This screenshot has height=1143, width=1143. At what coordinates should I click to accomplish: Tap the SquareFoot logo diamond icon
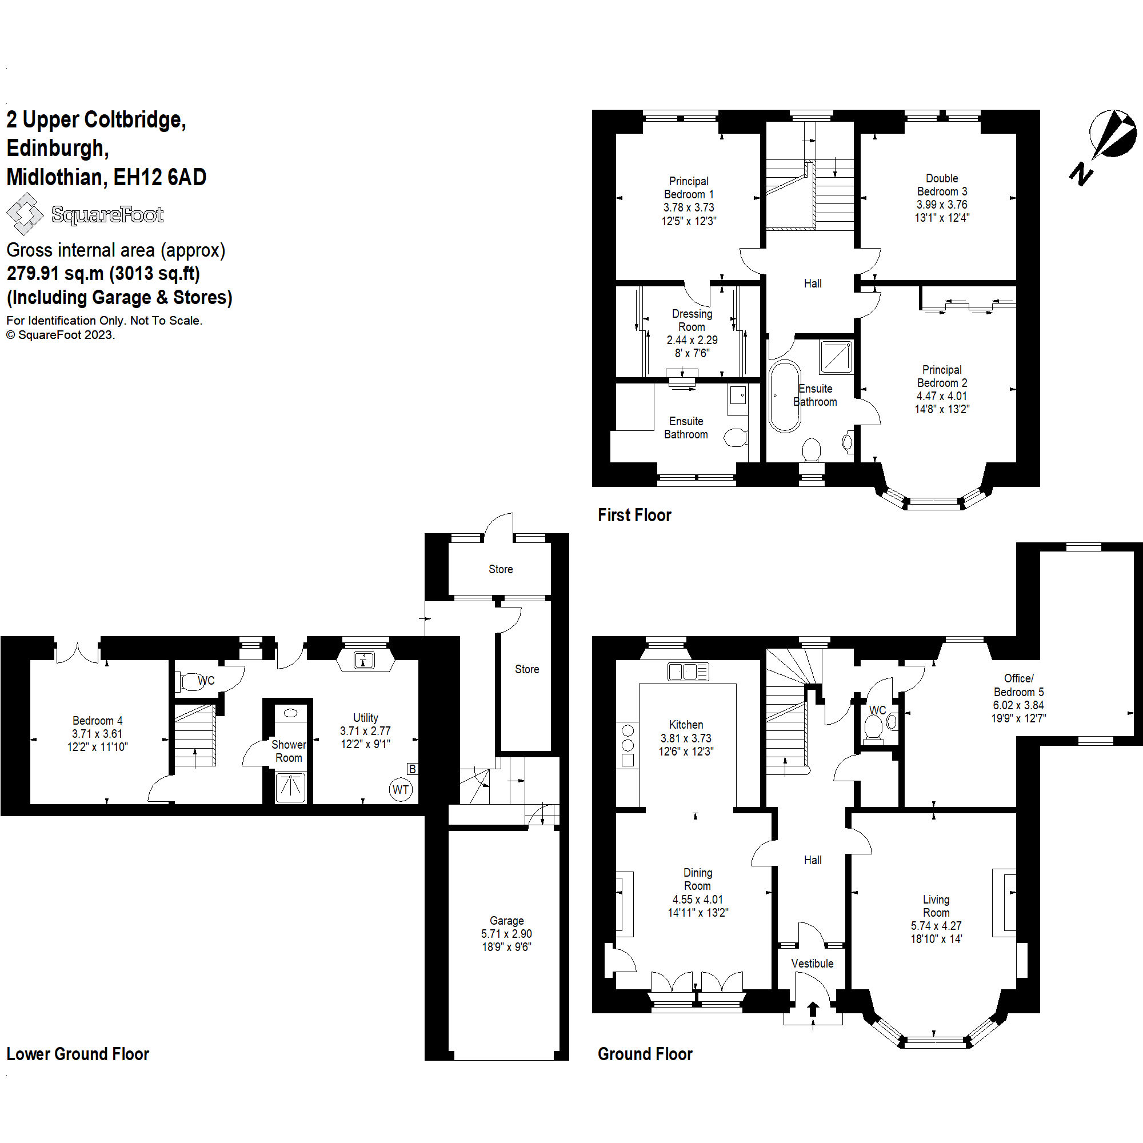click(x=24, y=214)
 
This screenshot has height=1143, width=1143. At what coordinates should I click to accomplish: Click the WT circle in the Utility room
click(x=401, y=789)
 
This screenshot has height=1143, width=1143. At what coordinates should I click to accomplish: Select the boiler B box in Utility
click(x=413, y=769)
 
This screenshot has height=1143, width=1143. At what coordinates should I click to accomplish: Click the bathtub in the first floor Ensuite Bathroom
click(x=785, y=397)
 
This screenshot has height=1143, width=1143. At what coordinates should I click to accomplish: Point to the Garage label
click(x=506, y=921)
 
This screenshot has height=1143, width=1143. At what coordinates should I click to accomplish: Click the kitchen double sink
click(x=688, y=672)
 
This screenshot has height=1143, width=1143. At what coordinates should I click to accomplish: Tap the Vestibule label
click(x=812, y=963)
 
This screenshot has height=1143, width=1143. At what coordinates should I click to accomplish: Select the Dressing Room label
click(x=692, y=320)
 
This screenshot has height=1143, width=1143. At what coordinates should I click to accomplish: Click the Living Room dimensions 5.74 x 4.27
click(x=936, y=925)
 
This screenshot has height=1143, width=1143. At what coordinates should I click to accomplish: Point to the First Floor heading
click(x=634, y=515)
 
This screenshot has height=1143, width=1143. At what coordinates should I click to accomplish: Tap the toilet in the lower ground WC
click(x=190, y=681)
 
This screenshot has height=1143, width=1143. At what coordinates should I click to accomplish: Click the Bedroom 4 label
click(x=98, y=720)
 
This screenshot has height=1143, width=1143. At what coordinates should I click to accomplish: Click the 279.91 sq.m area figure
click(x=54, y=273)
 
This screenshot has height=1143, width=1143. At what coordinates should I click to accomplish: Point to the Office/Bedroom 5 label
click(x=1019, y=685)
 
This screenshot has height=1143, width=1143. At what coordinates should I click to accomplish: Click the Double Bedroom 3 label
click(x=942, y=185)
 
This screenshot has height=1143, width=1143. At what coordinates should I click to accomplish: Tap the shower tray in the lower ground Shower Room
click(x=290, y=787)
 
